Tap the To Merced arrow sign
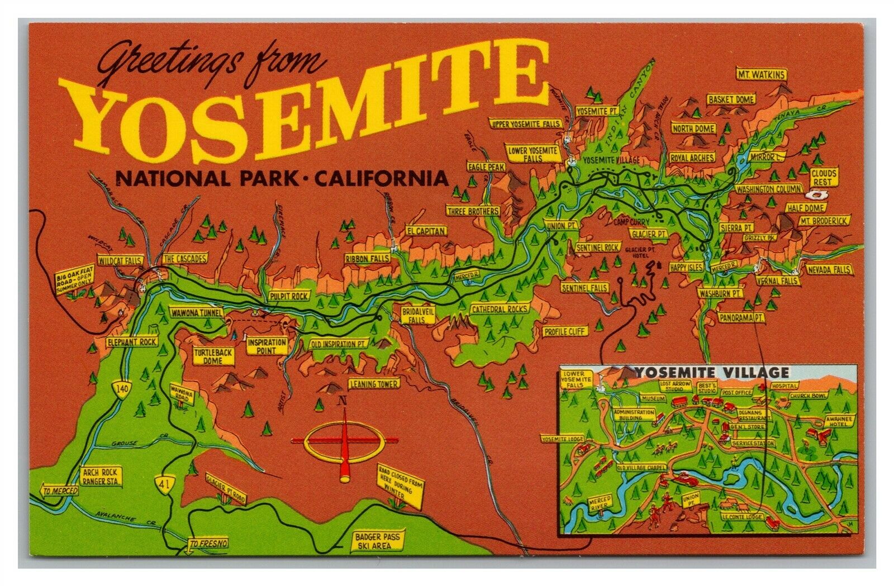[58, 492]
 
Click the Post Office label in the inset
[734, 392]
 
